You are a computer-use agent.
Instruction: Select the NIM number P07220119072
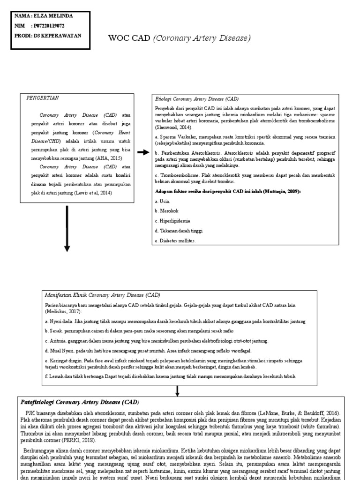point(48,25)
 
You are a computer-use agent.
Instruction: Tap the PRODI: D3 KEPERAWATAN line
point(47,35)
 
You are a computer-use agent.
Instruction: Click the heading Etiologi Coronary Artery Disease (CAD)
point(197,99)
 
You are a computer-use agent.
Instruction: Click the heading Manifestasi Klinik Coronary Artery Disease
point(102,295)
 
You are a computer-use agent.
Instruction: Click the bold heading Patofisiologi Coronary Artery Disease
point(79,402)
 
